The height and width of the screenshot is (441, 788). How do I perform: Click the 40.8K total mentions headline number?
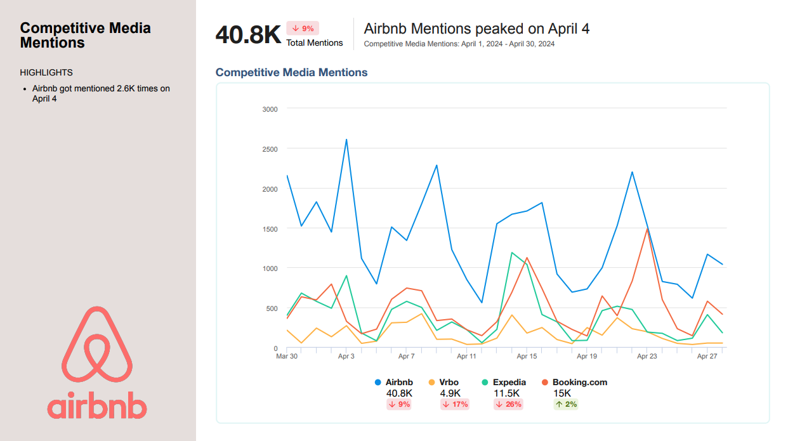pyautogui.click(x=248, y=34)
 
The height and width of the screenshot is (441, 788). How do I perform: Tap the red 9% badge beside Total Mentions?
pyautogui.click(x=303, y=28)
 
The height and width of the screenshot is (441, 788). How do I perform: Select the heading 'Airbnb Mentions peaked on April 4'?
pyautogui.click(x=476, y=29)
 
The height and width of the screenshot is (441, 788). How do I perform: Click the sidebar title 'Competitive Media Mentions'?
pyautogui.click(x=85, y=36)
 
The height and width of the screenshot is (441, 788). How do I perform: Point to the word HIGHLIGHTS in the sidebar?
pyautogui.click(x=46, y=72)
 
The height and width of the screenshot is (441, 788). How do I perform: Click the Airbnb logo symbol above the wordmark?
pyautogui.click(x=97, y=345)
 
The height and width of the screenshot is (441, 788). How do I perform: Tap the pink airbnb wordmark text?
pyautogui.click(x=97, y=406)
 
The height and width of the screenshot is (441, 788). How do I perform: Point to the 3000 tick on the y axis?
pyautogui.click(x=270, y=109)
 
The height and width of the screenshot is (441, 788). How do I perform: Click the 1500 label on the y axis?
pyautogui.click(x=270, y=228)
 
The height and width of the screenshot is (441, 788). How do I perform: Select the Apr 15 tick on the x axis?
pyautogui.click(x=527, y=357)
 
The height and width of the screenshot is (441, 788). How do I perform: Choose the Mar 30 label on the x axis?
pyautogui.click(x=287, y=357)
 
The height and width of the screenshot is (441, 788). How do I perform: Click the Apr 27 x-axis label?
pyautogui.click(x=707, y=357)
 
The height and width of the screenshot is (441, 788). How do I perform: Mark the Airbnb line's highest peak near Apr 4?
pyautogui.click(x=346, y=140)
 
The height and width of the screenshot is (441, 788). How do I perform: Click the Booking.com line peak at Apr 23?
pyautogui.click(x=647, y=228)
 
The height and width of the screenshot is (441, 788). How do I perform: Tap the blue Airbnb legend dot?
pyautogui.click(x=378, y=383)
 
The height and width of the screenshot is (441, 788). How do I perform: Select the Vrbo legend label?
pyautogui.click(x=449, y=383)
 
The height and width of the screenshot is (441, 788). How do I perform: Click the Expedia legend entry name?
pyautogui.click(x=509, y=383)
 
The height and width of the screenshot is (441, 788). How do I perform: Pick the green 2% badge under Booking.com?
pyautogui.click(x=566, y=404)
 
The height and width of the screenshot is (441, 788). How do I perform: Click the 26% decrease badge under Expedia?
pyautogui.click(x=508, y=404)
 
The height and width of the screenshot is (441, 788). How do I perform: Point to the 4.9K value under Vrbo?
pyautogui.click(x=450, y=393)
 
